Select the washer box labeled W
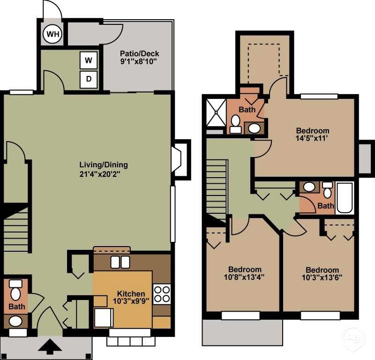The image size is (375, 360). pyautogui.click(x=89, y=60)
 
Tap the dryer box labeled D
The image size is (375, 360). pyautogui.click(x=89, y=79)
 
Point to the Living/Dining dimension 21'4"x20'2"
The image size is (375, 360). pyautogui.click(x=103, y=174)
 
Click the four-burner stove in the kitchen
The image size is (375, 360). pyautogui.click(x=162, y=294)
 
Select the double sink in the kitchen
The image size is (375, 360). pyautogui.click(x=120, y=262)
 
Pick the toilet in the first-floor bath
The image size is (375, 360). pyautogui.click(x=15, y=291)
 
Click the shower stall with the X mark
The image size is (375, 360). pyautogui.click(x=217, y=111)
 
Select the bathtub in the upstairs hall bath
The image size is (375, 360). pyautogui.click(x=345, y=198)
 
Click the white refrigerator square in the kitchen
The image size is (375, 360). pyautogui.click(x=103, y=318)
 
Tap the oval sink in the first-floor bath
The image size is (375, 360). pyautogui.click(x=15, y=321)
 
